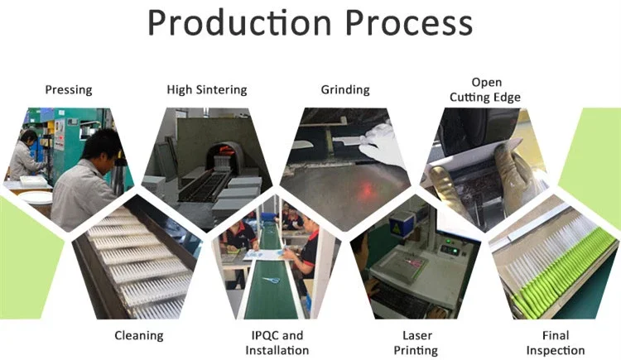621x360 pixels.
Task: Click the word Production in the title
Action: click(x=239, y=22)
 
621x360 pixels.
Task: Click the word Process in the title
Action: click(x=409, y=22)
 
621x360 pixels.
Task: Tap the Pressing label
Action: click(x=69, y=90)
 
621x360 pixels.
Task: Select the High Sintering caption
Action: click(x=207, y=90)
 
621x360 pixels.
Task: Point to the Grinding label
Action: click(x=345, y=90)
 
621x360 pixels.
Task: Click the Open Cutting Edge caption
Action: click(x=485, y=90)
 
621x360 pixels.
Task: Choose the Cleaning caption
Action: click(x=139, y=336)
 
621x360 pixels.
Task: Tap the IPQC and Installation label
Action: click(x=277, y=343)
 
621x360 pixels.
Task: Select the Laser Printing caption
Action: click(x=416, y=343)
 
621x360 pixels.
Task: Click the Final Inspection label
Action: click(x=556, y=343)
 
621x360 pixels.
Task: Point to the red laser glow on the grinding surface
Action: click(x=365, y=187)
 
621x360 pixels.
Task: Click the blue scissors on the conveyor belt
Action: click(x=271, y=280)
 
